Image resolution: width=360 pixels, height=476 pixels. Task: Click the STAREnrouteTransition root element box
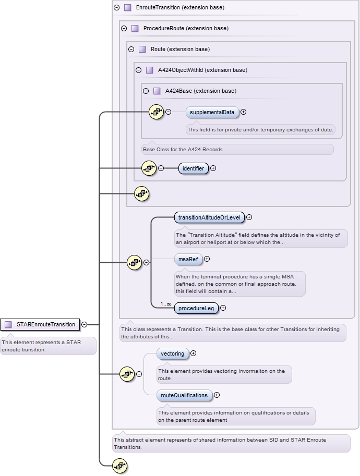coord(41,324)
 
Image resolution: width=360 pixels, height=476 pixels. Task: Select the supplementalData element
coord(212,112)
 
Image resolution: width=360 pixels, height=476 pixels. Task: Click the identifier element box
coord(193,168)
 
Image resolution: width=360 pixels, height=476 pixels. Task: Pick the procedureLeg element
coord(196,308)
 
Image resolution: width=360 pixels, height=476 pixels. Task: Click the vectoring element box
coord(172,353)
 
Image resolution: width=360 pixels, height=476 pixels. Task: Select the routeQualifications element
coord(184,395)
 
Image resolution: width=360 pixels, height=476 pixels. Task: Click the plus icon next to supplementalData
coord(243,112)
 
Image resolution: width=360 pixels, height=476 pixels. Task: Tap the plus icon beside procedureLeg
coord(223,308)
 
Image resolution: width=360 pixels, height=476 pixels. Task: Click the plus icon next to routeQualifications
coord(217,395)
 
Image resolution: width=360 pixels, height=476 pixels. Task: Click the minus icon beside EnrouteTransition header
coord(116,8)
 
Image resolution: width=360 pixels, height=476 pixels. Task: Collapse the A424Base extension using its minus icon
coord(146,91)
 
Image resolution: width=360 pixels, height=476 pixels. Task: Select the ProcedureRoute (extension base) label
coord(186,28)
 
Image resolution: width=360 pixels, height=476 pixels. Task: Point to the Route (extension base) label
coord(180,49)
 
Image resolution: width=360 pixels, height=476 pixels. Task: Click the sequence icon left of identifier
coord(149,168)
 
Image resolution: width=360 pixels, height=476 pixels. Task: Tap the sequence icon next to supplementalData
coord(157,112)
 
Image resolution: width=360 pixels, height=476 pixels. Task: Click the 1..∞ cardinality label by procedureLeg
coord(165,303)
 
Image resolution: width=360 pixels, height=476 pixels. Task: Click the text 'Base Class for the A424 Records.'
coord(183,150)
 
